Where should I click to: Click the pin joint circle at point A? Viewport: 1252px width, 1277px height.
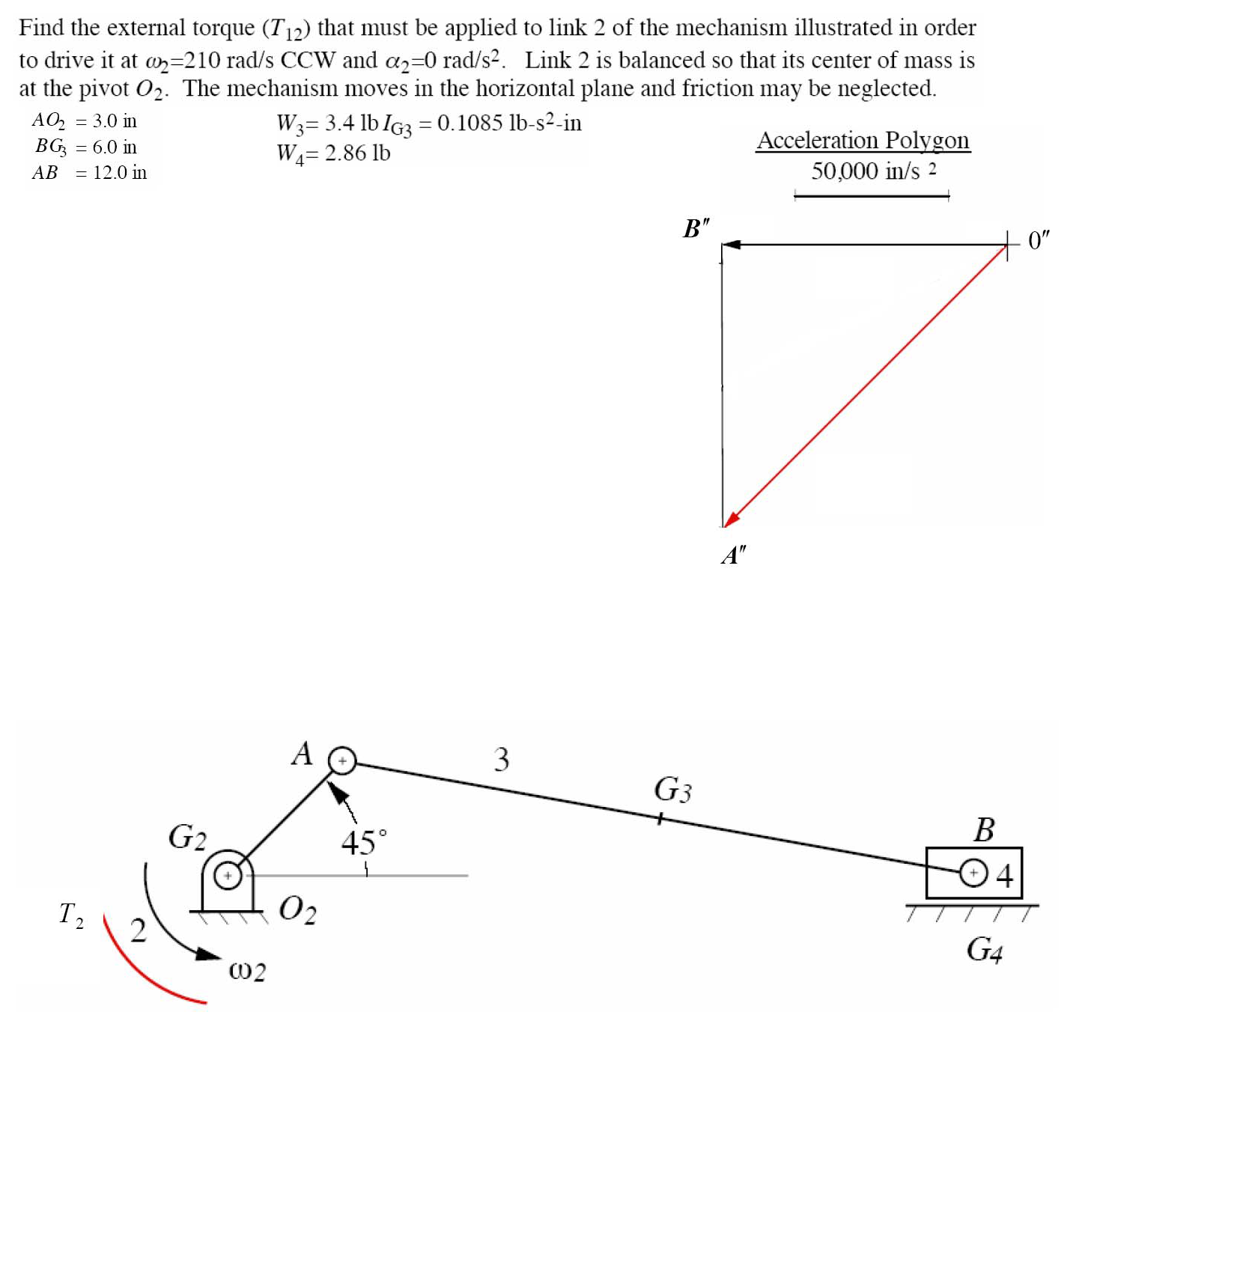(342, 761)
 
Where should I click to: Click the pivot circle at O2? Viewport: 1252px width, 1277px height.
(228, 874)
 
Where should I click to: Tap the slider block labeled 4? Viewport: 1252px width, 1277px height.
(973, 873)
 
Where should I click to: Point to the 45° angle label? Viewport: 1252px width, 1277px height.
(364, 843)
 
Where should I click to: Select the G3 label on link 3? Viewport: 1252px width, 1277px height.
(672, 790)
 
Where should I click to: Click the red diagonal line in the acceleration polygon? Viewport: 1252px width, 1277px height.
(865, 385)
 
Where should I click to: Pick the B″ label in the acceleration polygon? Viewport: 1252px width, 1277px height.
(696, 228)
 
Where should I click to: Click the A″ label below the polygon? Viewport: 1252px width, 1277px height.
(733, 555)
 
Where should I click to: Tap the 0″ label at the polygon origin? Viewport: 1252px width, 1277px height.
(1039, 240)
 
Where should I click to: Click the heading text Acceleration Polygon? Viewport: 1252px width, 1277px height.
(863, 141)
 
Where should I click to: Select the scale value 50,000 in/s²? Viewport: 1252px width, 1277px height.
(872, 171)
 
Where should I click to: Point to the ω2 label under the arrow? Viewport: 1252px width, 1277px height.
(247, 971)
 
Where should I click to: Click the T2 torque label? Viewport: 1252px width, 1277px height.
(71, 914)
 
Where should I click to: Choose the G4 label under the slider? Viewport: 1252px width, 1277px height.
(984, 950)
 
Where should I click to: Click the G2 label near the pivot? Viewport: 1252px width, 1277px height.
(187, 837)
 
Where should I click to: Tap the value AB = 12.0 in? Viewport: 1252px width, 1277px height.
(89, 173)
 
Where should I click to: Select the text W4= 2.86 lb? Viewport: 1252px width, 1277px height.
(333, 153)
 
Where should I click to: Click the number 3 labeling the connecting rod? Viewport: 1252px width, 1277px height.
(501, 759)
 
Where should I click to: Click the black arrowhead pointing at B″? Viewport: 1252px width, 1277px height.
(732, 244)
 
